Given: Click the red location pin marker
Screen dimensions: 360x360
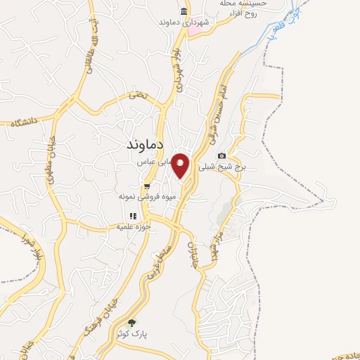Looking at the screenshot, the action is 181,165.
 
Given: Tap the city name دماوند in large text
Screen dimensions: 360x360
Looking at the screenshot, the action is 144,144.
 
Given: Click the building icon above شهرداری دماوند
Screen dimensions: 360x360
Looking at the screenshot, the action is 184,12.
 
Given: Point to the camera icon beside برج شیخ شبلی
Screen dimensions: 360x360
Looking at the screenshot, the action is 222,155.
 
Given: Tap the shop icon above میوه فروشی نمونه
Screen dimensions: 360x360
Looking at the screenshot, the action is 146,186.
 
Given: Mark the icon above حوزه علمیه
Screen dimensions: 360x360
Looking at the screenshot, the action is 131,216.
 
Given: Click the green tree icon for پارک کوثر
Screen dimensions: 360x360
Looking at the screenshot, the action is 131,322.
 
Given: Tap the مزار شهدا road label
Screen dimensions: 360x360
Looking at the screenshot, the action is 217,243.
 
